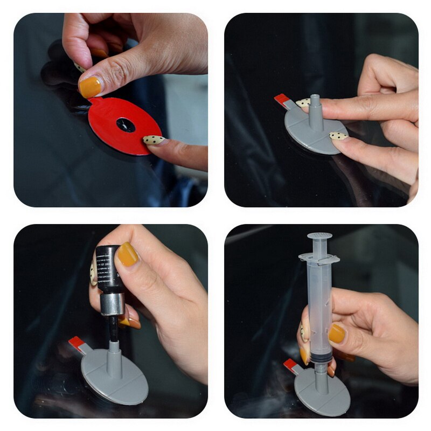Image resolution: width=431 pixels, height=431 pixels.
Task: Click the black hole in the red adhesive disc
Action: (126, 124)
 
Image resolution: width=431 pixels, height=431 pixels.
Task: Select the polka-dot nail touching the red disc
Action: (154, 140)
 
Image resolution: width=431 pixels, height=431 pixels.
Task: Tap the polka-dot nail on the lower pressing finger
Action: (338, 136)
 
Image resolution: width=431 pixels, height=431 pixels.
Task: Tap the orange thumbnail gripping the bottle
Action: (128, 254)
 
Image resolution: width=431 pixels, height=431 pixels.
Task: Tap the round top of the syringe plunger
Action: (319, 236)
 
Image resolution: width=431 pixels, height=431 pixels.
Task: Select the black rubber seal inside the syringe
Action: (320, 357)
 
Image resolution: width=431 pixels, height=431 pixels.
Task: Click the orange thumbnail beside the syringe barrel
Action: (337, 333)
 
